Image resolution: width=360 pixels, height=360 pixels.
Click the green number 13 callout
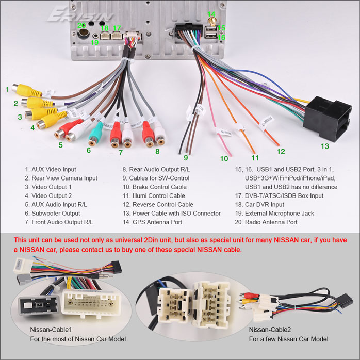[324, 146]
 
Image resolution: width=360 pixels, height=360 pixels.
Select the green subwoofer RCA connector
[95, 135]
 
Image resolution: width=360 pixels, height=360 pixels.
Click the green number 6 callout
[89, 151]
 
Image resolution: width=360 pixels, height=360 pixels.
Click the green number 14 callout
[211, 14]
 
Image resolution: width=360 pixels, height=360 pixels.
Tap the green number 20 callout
[81, 25]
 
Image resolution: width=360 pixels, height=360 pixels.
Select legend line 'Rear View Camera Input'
[61, 178]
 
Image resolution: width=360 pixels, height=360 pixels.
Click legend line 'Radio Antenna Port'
[266, 222]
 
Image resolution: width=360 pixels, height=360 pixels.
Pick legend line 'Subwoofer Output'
[52, 214]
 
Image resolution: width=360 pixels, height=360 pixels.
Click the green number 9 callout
[186, 157]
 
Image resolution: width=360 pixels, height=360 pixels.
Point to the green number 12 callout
[281, 151]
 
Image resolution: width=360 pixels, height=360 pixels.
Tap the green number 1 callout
[7, 89]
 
